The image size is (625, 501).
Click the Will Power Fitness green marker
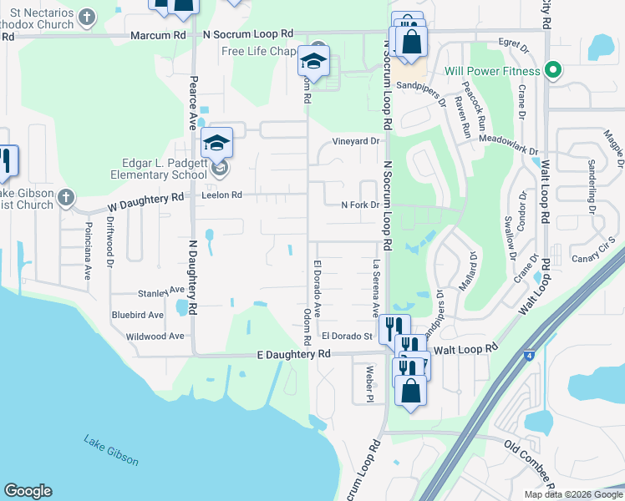tap(551, 70)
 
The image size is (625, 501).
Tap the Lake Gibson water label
tap(110, 450)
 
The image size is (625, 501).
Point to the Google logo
tap(28, 491)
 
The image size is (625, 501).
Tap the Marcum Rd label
tap(158, 35)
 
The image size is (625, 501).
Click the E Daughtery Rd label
tap(289, 354)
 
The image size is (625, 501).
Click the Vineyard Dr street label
tap(355, 141)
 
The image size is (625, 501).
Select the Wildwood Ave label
tap(154, 337)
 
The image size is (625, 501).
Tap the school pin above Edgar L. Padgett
tap(216, 143)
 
